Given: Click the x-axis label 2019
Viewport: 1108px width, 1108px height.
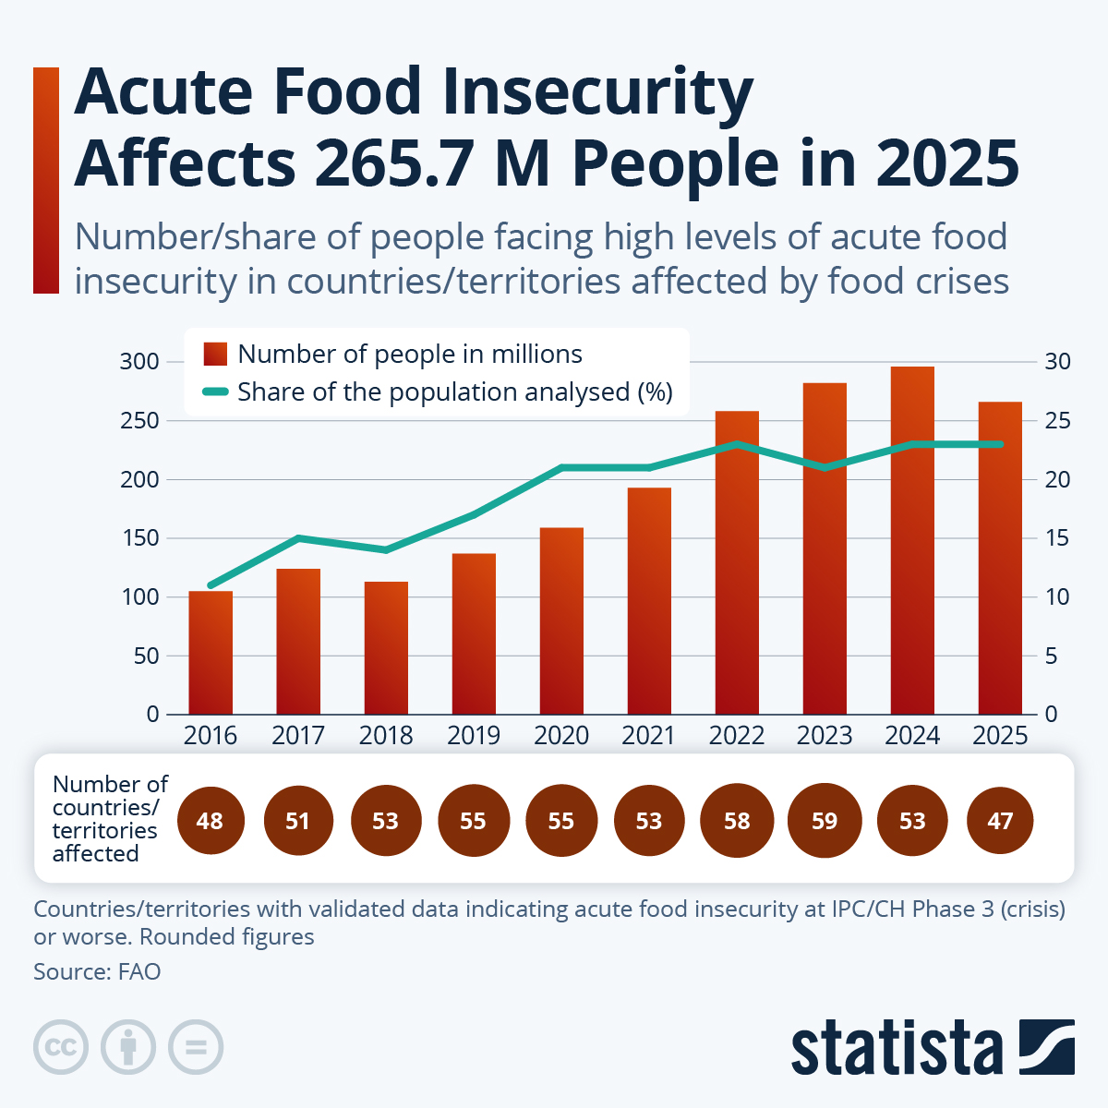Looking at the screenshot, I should tap(474, 736).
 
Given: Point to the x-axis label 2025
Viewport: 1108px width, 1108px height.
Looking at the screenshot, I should tap(1000, 736).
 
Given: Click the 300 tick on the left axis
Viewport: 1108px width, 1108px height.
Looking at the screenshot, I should tap(139, 361).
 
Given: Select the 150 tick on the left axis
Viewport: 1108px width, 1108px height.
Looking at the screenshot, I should tap(139, 537).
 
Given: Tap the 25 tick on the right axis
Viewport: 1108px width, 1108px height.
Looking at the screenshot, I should tap(1057, 420).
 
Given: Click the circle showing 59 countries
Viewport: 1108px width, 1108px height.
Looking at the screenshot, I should tap(825, 821).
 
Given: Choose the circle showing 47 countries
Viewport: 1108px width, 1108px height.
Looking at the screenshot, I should tap(1000, 821).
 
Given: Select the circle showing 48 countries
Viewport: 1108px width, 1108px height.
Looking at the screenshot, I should tap(210, 821).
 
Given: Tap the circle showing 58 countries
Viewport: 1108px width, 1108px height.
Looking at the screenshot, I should tap(737, 821).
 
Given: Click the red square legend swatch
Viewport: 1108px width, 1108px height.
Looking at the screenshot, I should tap(215, 354).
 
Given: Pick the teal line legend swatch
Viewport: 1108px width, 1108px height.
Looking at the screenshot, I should tap(215, 392).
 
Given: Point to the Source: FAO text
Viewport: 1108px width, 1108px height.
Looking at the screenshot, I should tap(97, 971).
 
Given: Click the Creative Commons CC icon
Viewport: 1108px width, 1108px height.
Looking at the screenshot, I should tap(61, 1047).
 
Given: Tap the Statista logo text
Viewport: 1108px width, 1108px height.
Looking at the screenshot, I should tap(896, 1048).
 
